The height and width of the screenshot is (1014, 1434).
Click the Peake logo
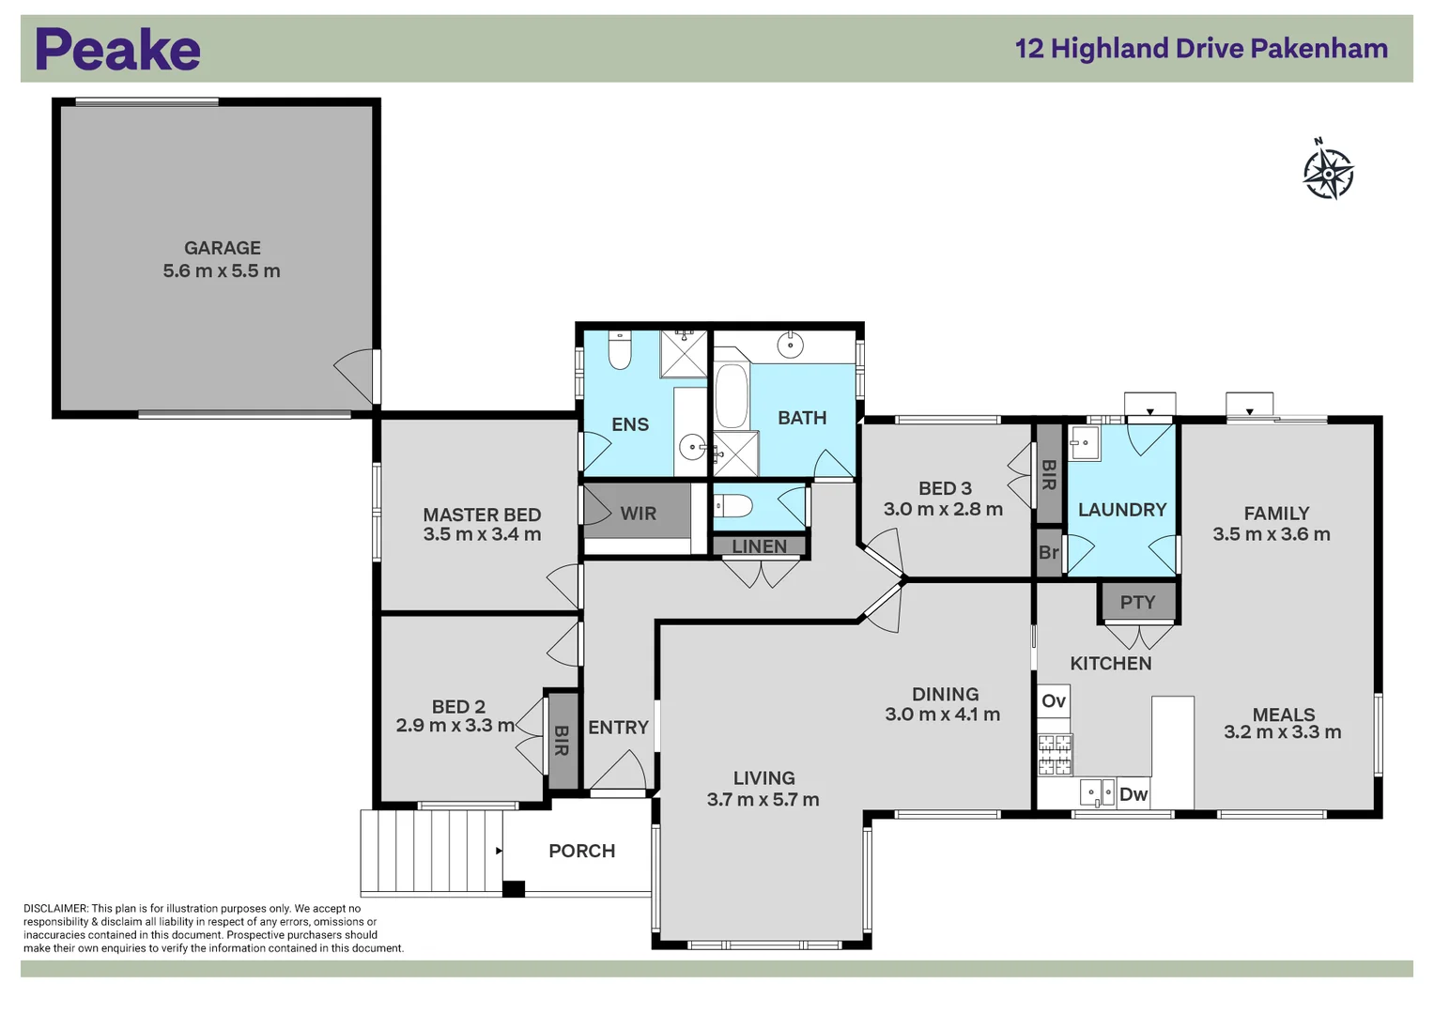click(x=117, y=50)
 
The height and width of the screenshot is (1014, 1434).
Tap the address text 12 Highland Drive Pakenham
click(x=1201, y=49)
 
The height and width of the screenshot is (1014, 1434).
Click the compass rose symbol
click(x=1328, y=173)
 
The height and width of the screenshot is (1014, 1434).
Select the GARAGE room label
click(x=223, y=248)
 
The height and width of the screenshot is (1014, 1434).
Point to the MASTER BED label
click(x=482, y=515)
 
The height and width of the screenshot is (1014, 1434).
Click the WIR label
click(x=638, y=514)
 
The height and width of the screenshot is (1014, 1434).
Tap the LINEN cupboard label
click(x=759, y=546)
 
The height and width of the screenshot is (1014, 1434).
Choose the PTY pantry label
click(x=1137, y=603)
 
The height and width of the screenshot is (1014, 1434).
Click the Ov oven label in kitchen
click(x=1054, y=701)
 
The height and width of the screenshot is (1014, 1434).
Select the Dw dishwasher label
click(x=1133, y=794)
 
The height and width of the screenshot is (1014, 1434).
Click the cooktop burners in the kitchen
click(x=1055, y=755)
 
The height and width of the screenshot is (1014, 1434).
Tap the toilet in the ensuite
click(x=620, y=350)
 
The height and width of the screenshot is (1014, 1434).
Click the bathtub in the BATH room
click(x=732, y=395)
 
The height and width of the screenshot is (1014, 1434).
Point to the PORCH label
click(x=581, y=851)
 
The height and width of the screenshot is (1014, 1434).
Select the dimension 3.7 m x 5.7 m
click(x=763, y=800)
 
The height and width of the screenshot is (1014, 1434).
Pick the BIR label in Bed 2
click(x=562, y=740)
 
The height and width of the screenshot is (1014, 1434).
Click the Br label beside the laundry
click(x=1048, y=553)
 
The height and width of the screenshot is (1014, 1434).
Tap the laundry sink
click(x=1084, y=442)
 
